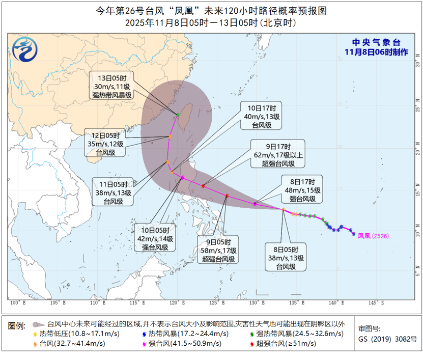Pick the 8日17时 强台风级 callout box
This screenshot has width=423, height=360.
(302, 190)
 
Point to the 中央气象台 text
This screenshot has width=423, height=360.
(376, 43)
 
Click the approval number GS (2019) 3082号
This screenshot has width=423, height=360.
(387, 339)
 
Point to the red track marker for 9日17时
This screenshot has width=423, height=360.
(203, 186)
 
